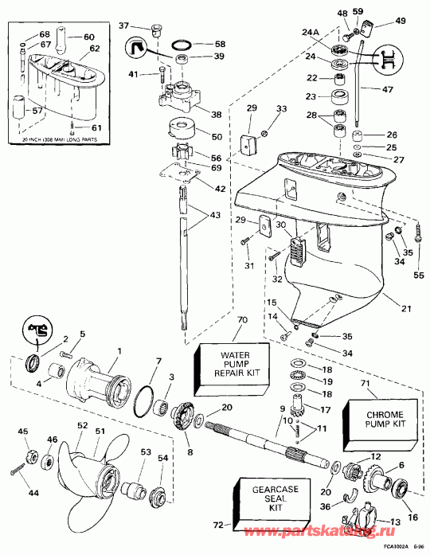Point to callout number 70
click(242, 322)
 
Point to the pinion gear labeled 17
click(302, 413)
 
